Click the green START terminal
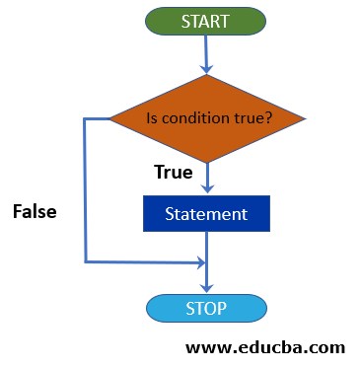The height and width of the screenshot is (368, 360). pos(206,20)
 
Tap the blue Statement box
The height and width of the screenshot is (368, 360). pos(206,213)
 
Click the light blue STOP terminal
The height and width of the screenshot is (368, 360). pos(206,309)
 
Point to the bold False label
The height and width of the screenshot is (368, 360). pos(35,211)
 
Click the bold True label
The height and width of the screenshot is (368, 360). pos(173,173)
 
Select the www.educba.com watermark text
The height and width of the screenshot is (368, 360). pos(265,347)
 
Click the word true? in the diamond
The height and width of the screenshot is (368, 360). pos(252,119)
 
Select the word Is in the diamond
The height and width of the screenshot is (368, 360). pos(152,119)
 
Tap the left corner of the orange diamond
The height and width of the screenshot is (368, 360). pos(110,119)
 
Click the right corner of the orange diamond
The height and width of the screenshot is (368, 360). pos(304,119)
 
